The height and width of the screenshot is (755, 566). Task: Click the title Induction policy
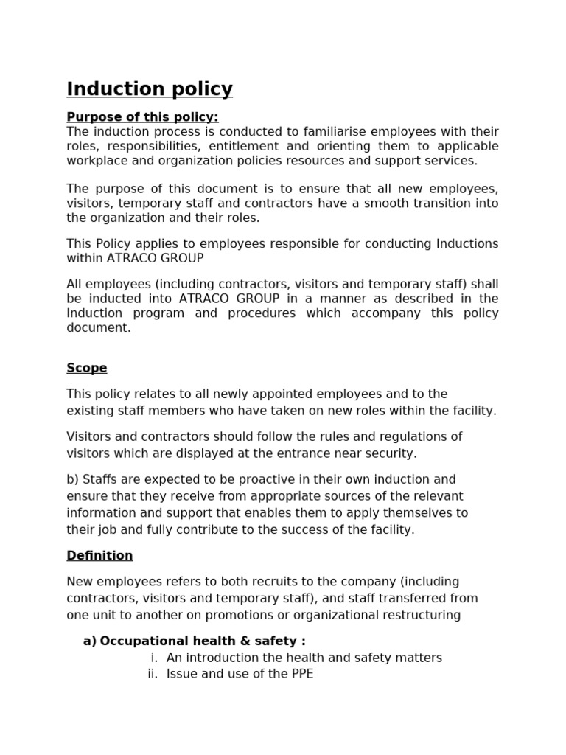tap(150, 89)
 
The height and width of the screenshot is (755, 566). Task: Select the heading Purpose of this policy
tap(142, 117)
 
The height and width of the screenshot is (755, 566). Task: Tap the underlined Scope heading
tap(87, 368)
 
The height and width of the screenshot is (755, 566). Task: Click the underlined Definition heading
tap(99, 556)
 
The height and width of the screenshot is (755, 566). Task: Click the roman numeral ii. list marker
tap(153, 674)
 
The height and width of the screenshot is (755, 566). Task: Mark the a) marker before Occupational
tap(89, 641)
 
